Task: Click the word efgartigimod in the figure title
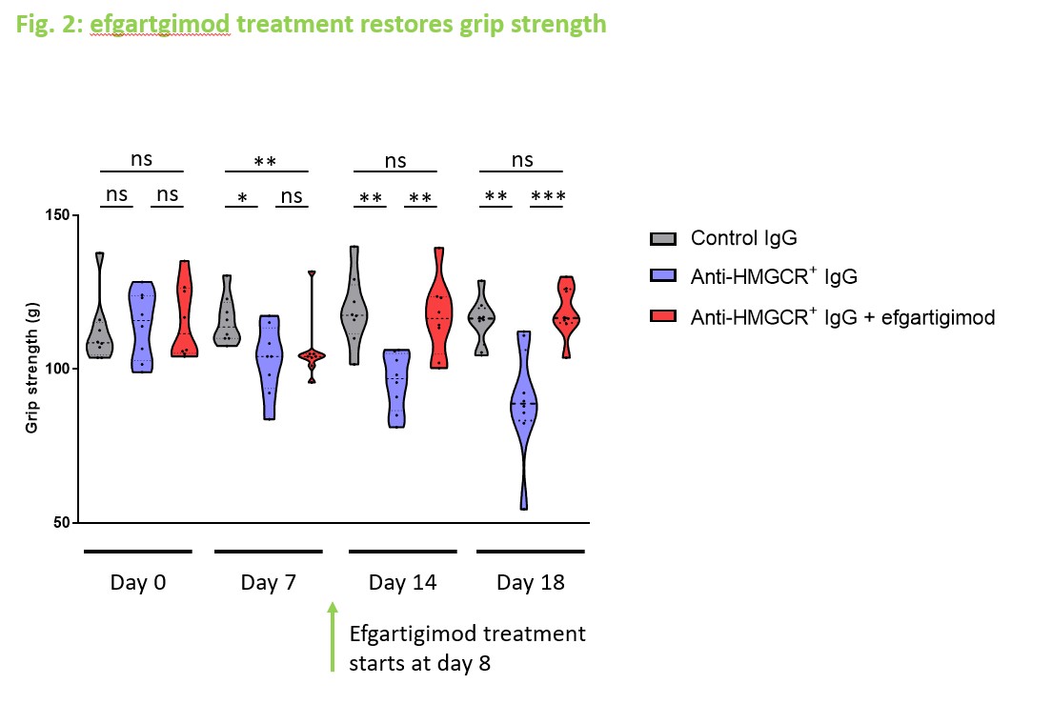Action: point(160,23)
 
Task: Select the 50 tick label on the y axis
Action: point(59,523)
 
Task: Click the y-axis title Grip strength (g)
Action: point(31,369)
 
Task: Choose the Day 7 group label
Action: point(267,583)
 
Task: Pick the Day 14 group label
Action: point(402,583)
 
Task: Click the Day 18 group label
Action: point(530,583)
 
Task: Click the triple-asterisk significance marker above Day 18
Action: point(548,198)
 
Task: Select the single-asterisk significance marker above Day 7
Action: point(242,198)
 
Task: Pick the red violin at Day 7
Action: point(311,355)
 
